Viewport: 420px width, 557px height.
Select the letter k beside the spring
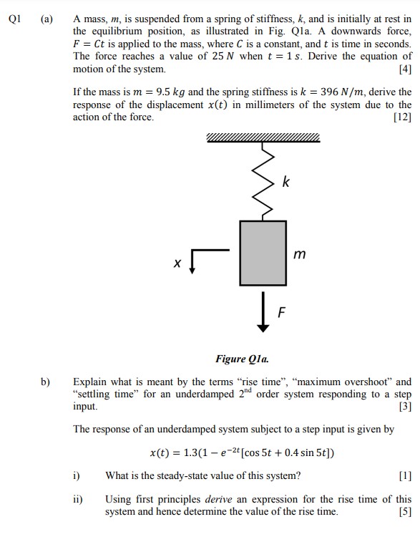coord(286,182)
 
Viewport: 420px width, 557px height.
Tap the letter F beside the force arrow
coord(281,312)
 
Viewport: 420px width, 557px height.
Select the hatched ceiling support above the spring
coord(263,138)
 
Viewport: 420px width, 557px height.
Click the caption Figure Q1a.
coord(244,359)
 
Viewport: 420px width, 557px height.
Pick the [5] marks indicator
coord(405,512)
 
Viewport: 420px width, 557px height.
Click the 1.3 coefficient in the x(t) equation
coord(190,452)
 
